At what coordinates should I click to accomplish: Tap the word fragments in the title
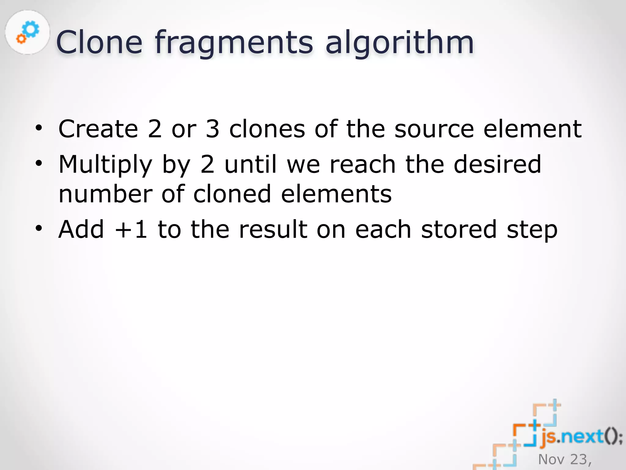(x=234, y=43)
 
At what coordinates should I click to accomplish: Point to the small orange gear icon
(x=21, y=39)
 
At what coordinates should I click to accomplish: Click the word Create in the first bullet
(x=98, y=129)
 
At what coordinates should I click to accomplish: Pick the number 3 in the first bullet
(x=212, y=129)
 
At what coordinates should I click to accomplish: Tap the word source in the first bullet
(x=434, y=129)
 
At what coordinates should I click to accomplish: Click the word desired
(x=497, y=164)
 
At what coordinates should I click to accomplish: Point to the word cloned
(x=232, y=194)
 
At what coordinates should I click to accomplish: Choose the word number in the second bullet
(x=105, y=194)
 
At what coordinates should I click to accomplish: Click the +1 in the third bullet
(x=131, y=229)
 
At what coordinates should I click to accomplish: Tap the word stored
(x=459, y=229)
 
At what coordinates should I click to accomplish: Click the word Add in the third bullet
(x=81, y=229)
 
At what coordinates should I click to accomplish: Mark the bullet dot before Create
(x=39, y=128)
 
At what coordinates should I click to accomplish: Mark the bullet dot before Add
(x=39, y=228)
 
